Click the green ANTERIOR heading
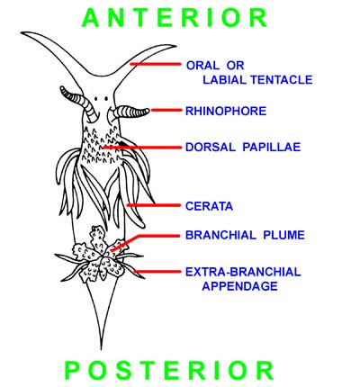point(175,18)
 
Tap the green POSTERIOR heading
point(169,370)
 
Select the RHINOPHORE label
point(226,111)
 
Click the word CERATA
point(209,206)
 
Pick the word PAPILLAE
point(272,147)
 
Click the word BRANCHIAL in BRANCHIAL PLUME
point(220,235)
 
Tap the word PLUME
point(283,235)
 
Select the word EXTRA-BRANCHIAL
point(243,272)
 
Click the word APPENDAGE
point(239,286)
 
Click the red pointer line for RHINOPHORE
point(166,111)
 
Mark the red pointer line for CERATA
point(154,205)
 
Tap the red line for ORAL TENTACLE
point(156,64)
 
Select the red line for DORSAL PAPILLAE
point(142,148)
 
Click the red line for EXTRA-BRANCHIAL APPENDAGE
point(157,272)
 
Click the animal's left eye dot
point(95,98)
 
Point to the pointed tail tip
point(101,349)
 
